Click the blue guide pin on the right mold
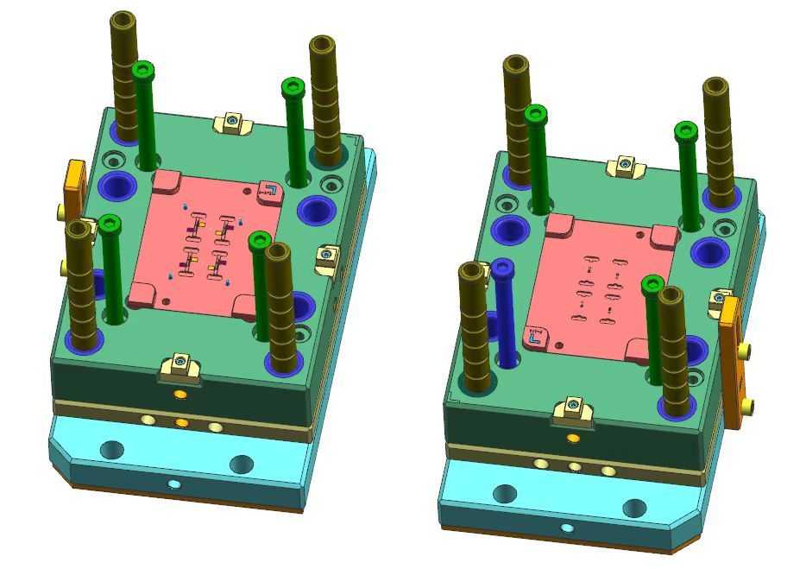click(x=505, y=315)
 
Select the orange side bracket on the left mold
click(x=76, y=186)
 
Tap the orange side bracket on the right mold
click(x=732, y=363)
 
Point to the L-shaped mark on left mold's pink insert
click(x=269, y=191)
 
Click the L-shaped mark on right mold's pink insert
click(x=536, y=337)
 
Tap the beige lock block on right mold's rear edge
click(x=627, y=165)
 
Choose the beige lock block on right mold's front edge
click(x=573, y=410)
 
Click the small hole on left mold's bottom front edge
click(x=174, y=484)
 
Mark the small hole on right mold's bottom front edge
click(x=567, y=528)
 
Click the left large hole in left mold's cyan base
click(x=112, y=450)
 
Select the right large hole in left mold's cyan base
click(x=242, y=465)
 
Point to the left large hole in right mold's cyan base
click(x=505, y=495)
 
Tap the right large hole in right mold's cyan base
click(x=634, y=509)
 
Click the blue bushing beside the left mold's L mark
click(x=315, y=210)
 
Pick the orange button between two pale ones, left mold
click(x=181, y=423)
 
